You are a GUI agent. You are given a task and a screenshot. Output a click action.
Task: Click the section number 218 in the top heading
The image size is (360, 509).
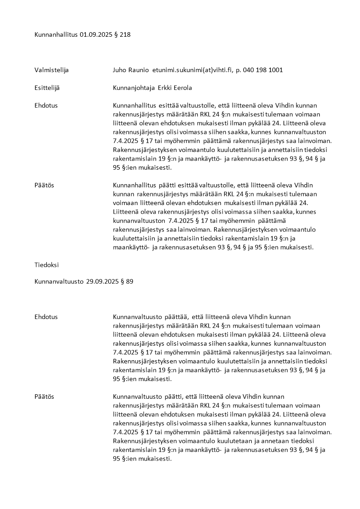(125, 34)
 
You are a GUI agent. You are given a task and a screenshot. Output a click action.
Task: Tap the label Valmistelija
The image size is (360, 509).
(51, 70)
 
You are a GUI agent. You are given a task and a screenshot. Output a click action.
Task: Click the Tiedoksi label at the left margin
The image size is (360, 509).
(47, 264)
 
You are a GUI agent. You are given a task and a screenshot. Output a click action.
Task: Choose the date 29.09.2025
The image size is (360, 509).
(102, 281)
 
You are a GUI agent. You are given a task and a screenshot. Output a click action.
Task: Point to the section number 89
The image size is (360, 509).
(129, 281)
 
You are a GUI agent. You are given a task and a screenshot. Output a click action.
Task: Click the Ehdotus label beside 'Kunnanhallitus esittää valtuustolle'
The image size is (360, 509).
(46, 105)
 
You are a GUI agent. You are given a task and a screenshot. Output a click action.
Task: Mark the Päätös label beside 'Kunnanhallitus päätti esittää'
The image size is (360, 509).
(44, 186)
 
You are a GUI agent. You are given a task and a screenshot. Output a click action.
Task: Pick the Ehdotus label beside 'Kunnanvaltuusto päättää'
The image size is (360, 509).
(46, 317)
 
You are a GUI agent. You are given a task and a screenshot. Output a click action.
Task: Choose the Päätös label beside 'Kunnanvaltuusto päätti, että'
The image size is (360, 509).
(44, 396)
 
